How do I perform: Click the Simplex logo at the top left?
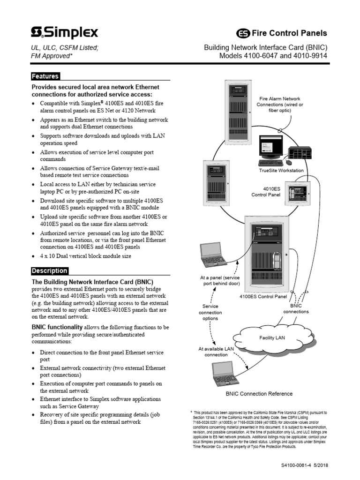[65, 33]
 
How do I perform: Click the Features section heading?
[45, 76]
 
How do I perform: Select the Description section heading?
[50, 271]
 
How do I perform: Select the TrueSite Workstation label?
[281, 171]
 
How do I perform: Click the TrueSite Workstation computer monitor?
[270, 148]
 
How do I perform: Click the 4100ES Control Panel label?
[263, 296]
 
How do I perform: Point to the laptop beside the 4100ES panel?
[213, 255]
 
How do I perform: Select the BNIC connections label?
[296, 308]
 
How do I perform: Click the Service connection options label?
[210, 312]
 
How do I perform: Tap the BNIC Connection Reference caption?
[259, 394]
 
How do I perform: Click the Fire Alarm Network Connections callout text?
[279, 105]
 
